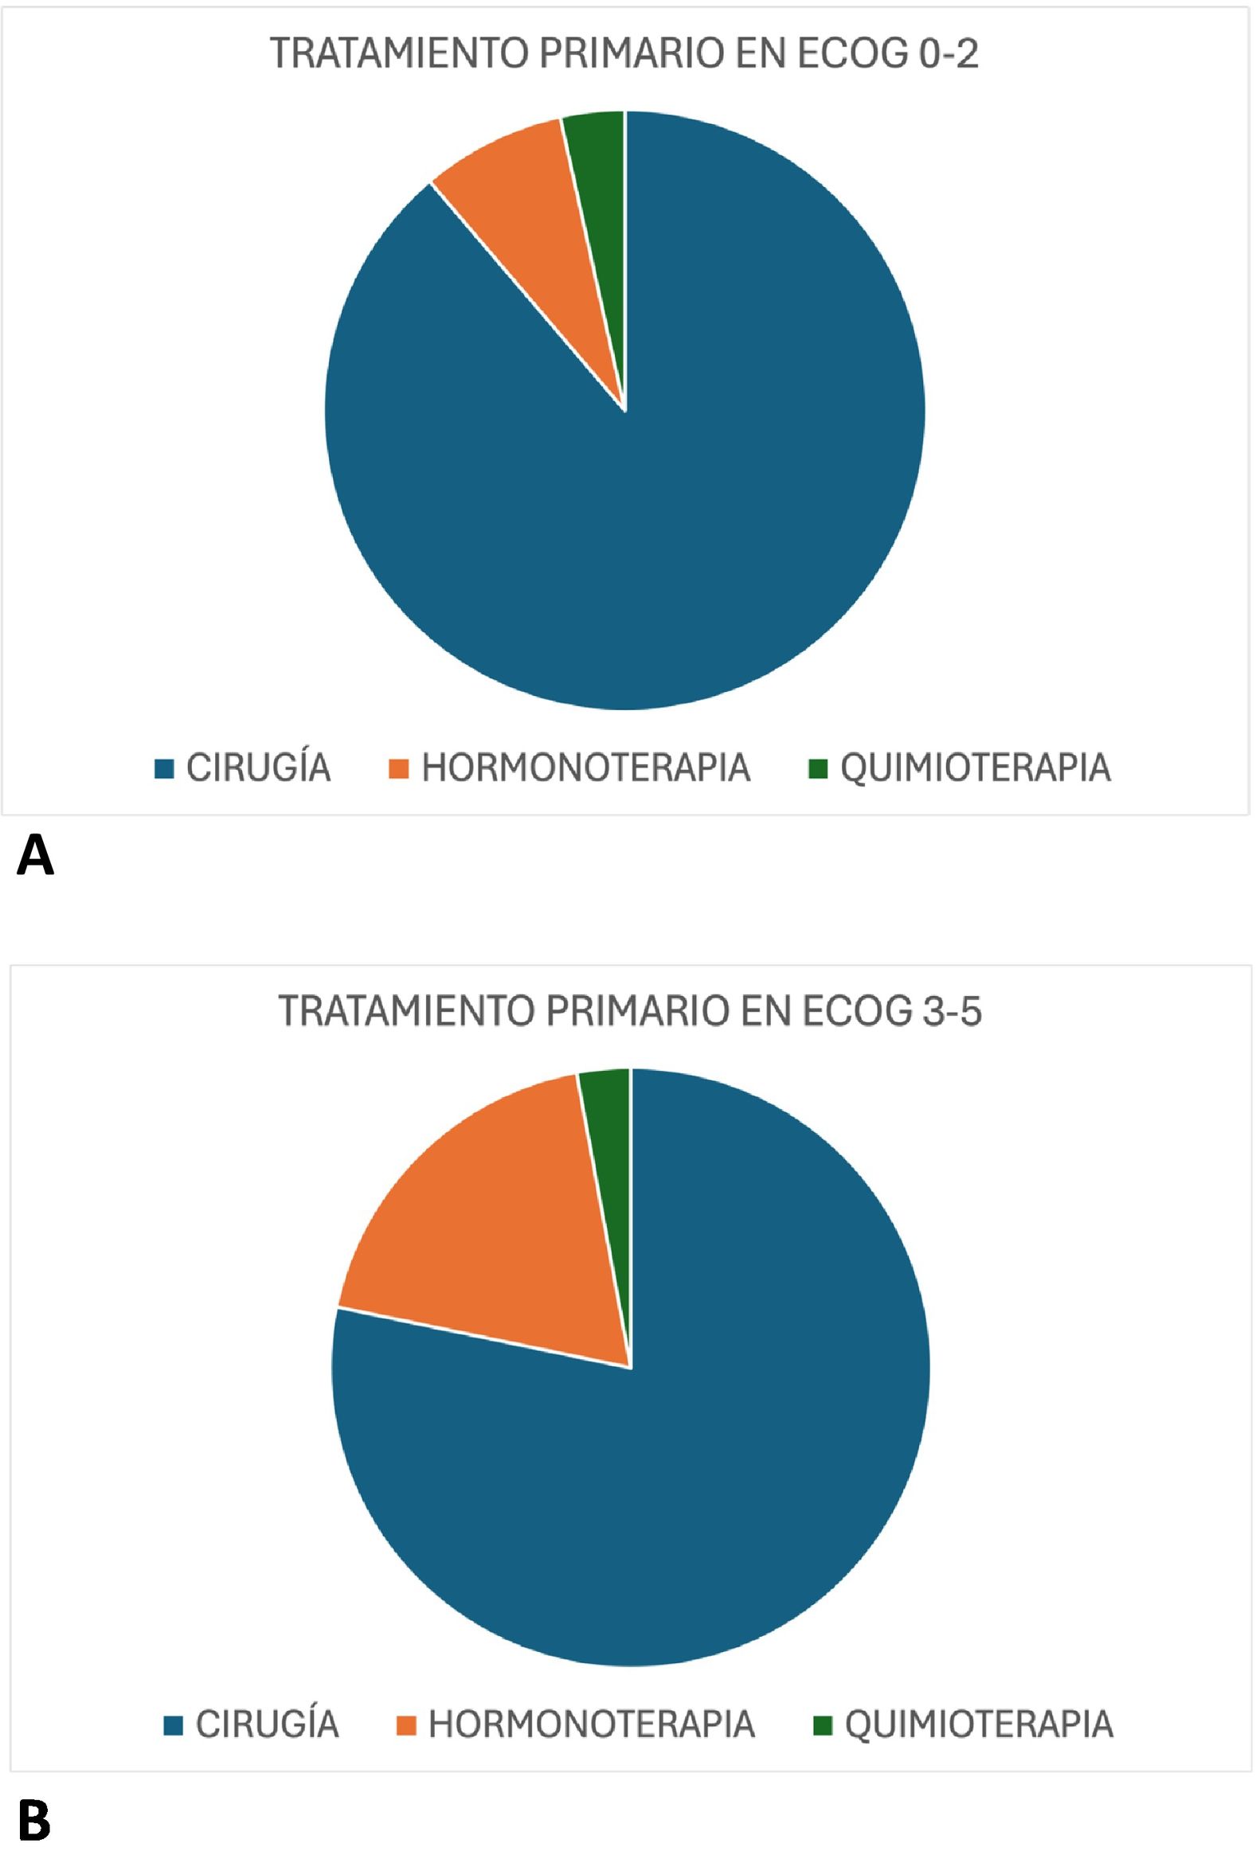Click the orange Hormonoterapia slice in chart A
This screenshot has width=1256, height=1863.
[545, 208]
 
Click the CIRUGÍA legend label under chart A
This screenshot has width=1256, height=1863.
[258, 767]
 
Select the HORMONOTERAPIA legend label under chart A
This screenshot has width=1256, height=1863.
[585, 767]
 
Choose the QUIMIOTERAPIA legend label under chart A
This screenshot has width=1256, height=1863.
[975, 767]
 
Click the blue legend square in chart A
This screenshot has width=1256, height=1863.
[164, 768]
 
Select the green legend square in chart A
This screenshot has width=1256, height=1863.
[818, 768]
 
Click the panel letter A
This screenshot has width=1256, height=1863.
[35, 855]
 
